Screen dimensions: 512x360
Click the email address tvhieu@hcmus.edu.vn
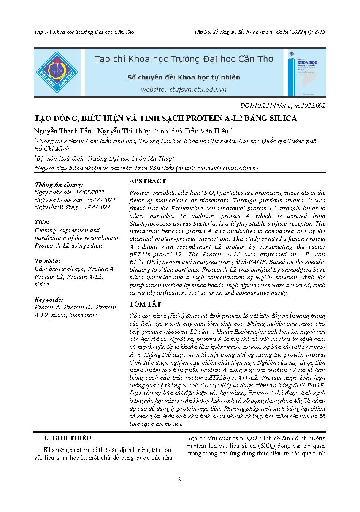click(x=224, y=168)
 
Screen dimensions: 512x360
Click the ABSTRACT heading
click(x=148, y=181)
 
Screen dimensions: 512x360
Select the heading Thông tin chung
click(x=59, y=185)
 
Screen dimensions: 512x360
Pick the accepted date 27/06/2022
click(x=96, y=207)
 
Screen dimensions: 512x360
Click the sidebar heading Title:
click(x=42, y=222)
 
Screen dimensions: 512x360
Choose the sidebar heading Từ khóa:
click(x=48, y=261)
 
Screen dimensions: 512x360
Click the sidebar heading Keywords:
click(x=49, y=299)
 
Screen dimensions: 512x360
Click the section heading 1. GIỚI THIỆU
click(x=70, y=438)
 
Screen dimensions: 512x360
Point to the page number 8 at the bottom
click(x=180, y=480)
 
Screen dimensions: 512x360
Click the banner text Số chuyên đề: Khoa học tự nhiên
click(x=184, y=77)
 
